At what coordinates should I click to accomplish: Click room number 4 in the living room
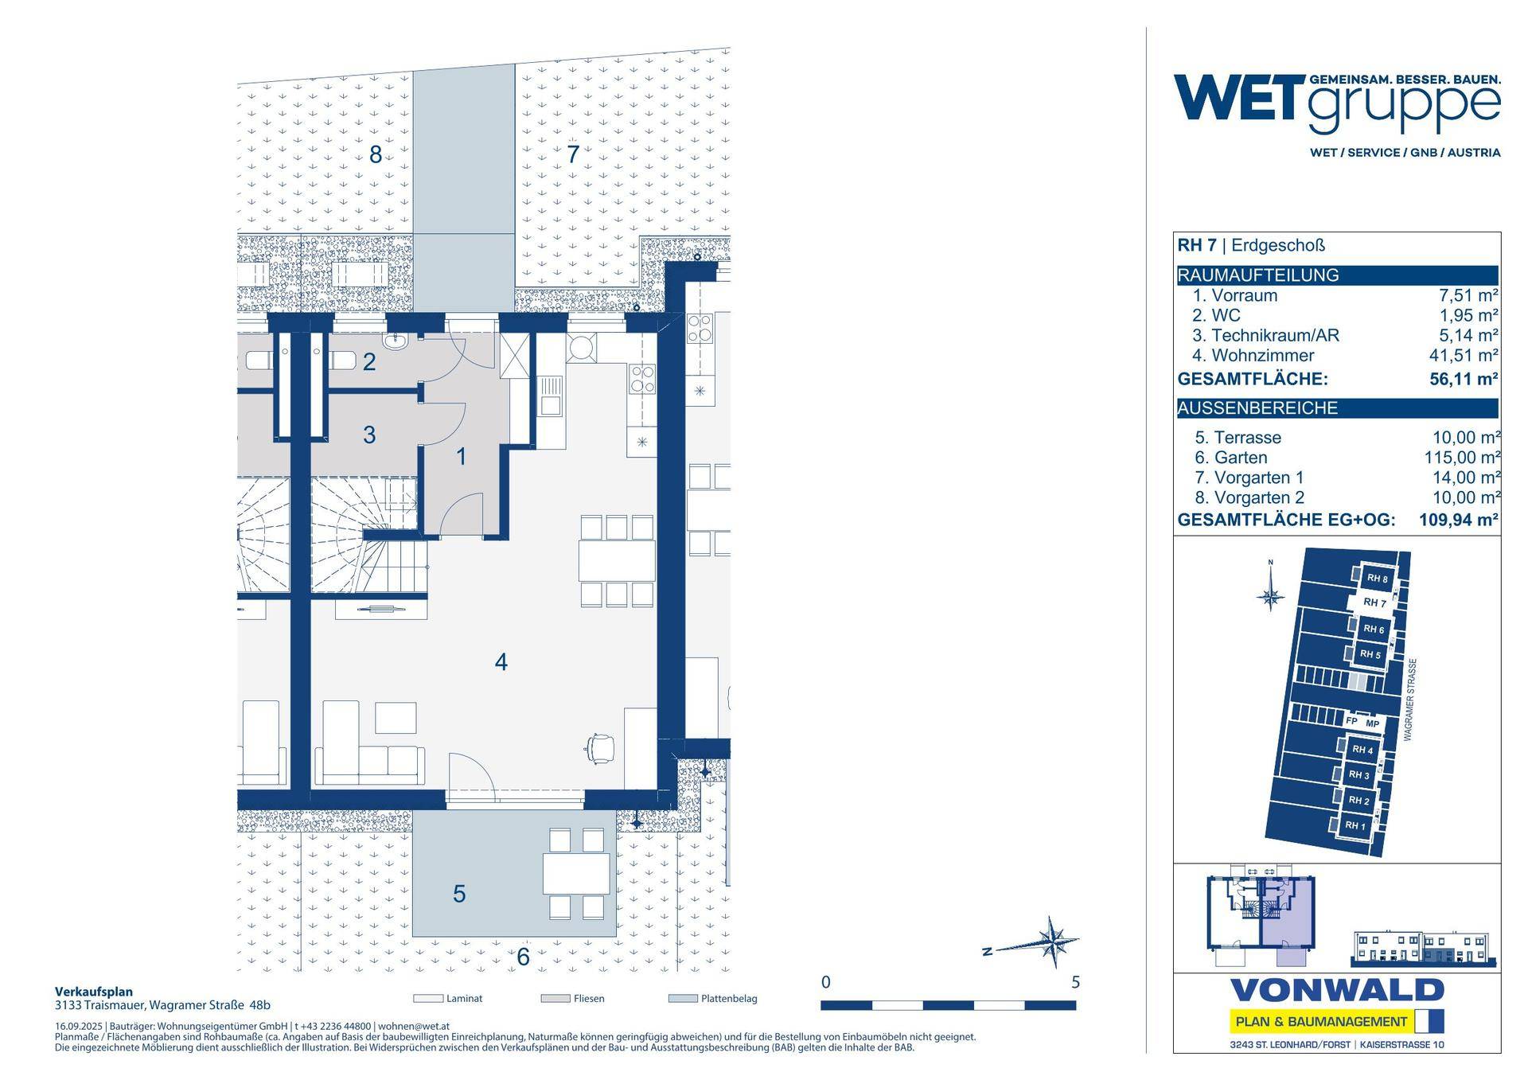point(501,662)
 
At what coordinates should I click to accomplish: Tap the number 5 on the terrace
point(459,894)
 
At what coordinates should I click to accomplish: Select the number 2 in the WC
point(369,362)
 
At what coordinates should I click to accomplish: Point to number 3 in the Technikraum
point(369,435)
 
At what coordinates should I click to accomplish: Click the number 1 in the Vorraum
point(462,457)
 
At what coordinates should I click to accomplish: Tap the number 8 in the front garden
point(376,154)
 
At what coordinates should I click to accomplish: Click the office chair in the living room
point(599,748)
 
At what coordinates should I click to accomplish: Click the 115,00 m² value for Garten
point(1462,458)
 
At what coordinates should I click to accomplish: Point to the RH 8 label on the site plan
point(1377,579)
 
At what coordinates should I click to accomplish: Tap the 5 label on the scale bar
point(1075,982)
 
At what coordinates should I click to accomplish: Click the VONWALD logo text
point(1337,991)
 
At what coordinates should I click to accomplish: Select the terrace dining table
point(577,873)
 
